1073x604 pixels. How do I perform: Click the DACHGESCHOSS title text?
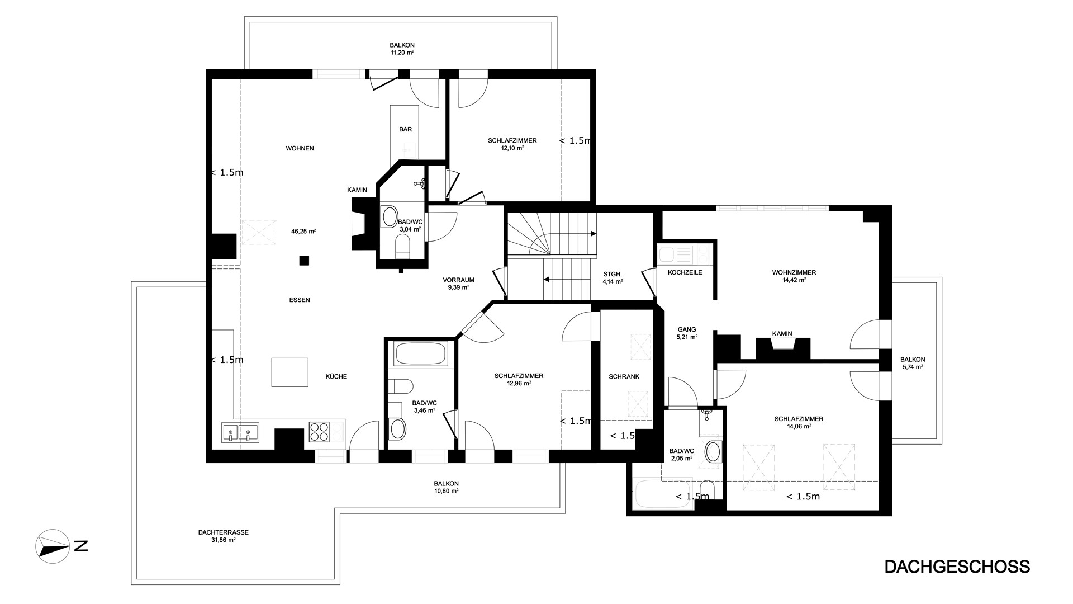point(957,567)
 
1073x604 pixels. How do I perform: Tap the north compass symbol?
point(53,545)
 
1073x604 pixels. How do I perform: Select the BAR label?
point(406,129)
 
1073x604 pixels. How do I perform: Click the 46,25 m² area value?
point(303,231)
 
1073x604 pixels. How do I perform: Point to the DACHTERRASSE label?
point(223,532)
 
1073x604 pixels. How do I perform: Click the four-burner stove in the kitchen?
point(319,431)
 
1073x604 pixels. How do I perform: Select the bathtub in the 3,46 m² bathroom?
point(420,354)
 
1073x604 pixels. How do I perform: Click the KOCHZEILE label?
point(685,272)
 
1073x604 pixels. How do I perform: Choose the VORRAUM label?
point(458,280)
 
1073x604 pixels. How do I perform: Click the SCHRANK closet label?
point(624,377)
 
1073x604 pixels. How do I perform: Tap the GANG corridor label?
point(687,329)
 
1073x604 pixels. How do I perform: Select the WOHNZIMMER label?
point(794,273)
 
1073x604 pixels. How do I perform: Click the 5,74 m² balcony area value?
point(913,367)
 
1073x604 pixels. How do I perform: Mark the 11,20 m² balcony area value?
point(402,53)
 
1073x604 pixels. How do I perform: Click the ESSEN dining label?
point(300,300)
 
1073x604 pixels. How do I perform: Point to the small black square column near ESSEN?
point(304,260)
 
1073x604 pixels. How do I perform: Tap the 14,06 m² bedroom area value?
point(799,426)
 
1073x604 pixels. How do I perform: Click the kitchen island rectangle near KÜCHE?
point(290,372)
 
